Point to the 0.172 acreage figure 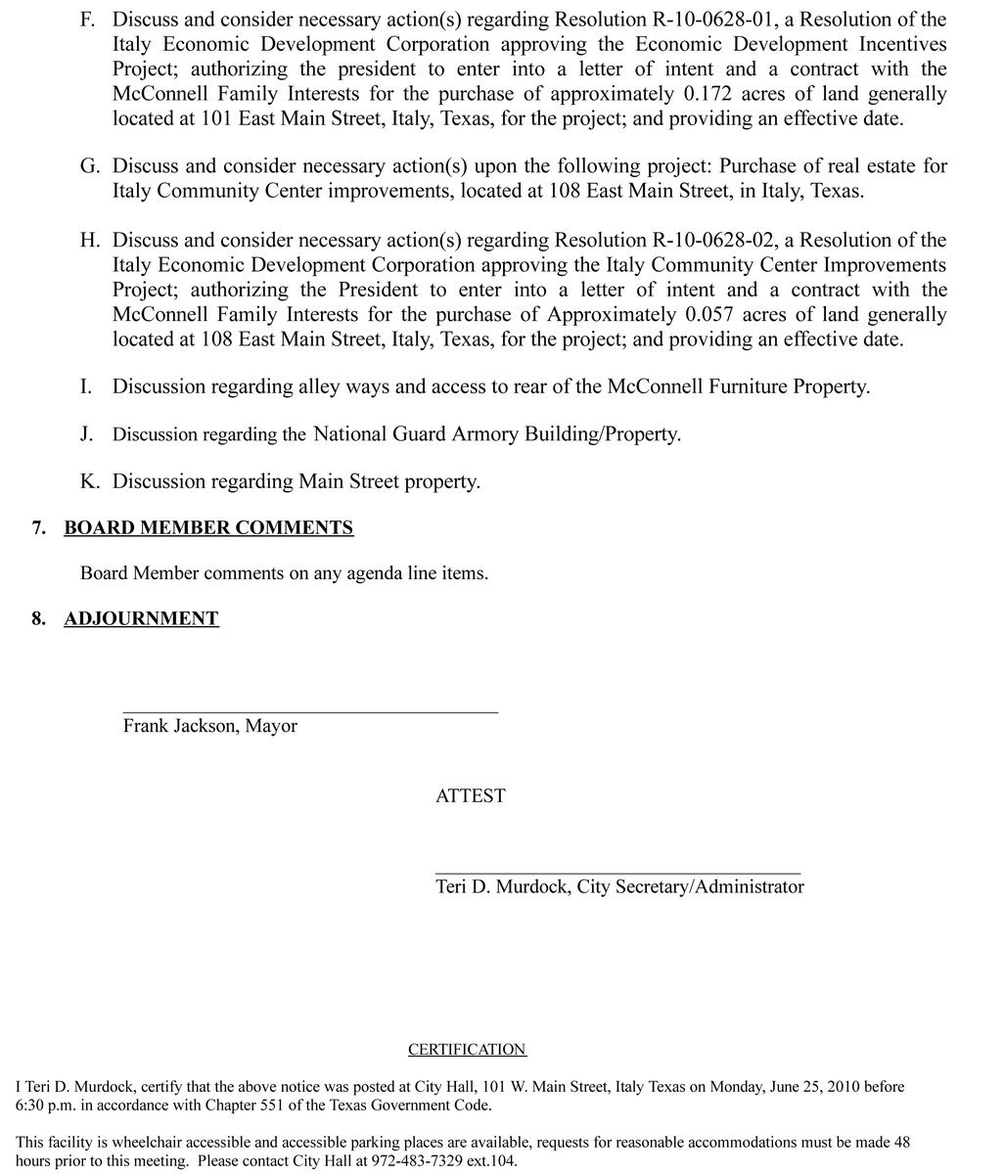pyautogui.click(x=710, y=94)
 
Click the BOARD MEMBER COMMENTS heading pyautogui.click(x=208, y=528)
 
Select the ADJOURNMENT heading pyautogui.click(x=141, y=619)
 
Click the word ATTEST pyautogui.click(x=470, y=796)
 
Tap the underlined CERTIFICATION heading pyautogui.click(x=467, y=1050)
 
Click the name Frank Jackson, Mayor pyautogui.click(x=209, y=726)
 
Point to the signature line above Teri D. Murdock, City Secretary pyautogui.click(x=616, y=873)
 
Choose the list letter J pyautogui.click(x=87, y=433)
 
